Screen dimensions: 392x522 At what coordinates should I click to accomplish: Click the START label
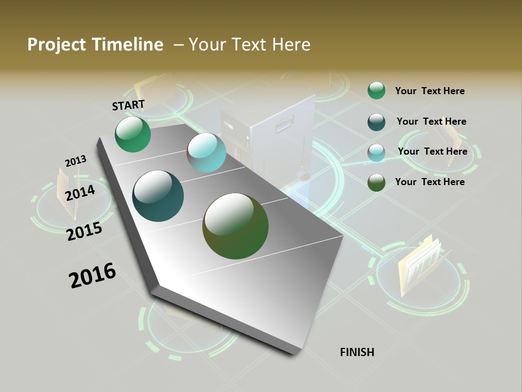point(128,105)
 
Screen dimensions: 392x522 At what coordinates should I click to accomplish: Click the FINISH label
point(357,352)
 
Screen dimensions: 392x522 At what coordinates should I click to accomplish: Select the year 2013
point(76,161)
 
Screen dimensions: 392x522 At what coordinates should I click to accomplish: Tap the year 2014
point(80,193)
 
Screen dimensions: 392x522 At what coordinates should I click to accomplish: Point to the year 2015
point(84,231)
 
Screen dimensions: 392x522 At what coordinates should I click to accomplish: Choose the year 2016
point(92,275)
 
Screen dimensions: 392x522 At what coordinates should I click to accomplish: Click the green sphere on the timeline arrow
point(133,134)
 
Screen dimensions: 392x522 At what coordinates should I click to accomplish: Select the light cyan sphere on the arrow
point(206,152)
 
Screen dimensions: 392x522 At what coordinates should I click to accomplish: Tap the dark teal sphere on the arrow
point(158,196)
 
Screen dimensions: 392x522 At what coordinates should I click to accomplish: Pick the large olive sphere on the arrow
point(235,226)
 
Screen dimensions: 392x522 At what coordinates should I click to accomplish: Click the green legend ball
point(376,91)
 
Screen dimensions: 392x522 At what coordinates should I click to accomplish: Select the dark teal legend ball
point(376,122)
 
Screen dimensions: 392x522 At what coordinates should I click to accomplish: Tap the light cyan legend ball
point(376,152)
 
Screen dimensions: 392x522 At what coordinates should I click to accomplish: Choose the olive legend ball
point(376,182)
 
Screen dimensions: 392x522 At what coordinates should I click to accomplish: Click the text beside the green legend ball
point(430,91)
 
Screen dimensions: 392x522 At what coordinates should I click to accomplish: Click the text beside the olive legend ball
point(430,182)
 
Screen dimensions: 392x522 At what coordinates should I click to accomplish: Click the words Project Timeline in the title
point(95,45)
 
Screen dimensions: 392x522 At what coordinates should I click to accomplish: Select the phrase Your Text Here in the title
point(250,45)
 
